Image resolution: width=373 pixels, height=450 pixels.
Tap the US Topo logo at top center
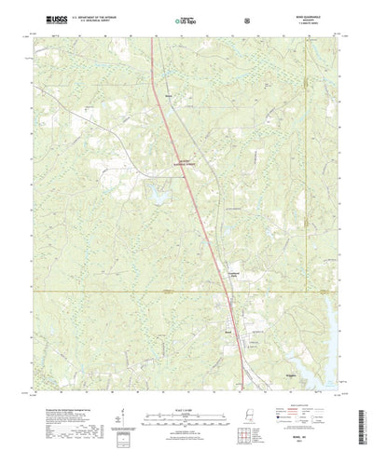coord(186,19)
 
